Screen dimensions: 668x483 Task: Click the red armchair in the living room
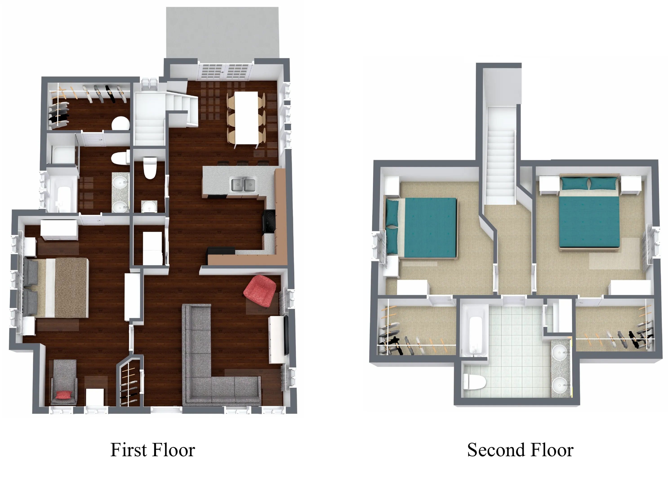pyautogui.click(x=260, y=291)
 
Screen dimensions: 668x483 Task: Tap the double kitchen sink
pyautogui.click(x=243, y=185)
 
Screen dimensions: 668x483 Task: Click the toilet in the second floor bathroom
pyautogui.click(x=474, y=381)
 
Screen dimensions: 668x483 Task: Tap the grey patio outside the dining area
pyautogui.click(x=222, y=32)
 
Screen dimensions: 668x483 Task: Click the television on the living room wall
pyautogui.click(x=286, y=335)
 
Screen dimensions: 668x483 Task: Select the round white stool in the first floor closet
pyautogui.click(x=121, y=124)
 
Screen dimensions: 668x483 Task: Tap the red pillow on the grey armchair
pyautogui.click(x=64, y=395)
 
